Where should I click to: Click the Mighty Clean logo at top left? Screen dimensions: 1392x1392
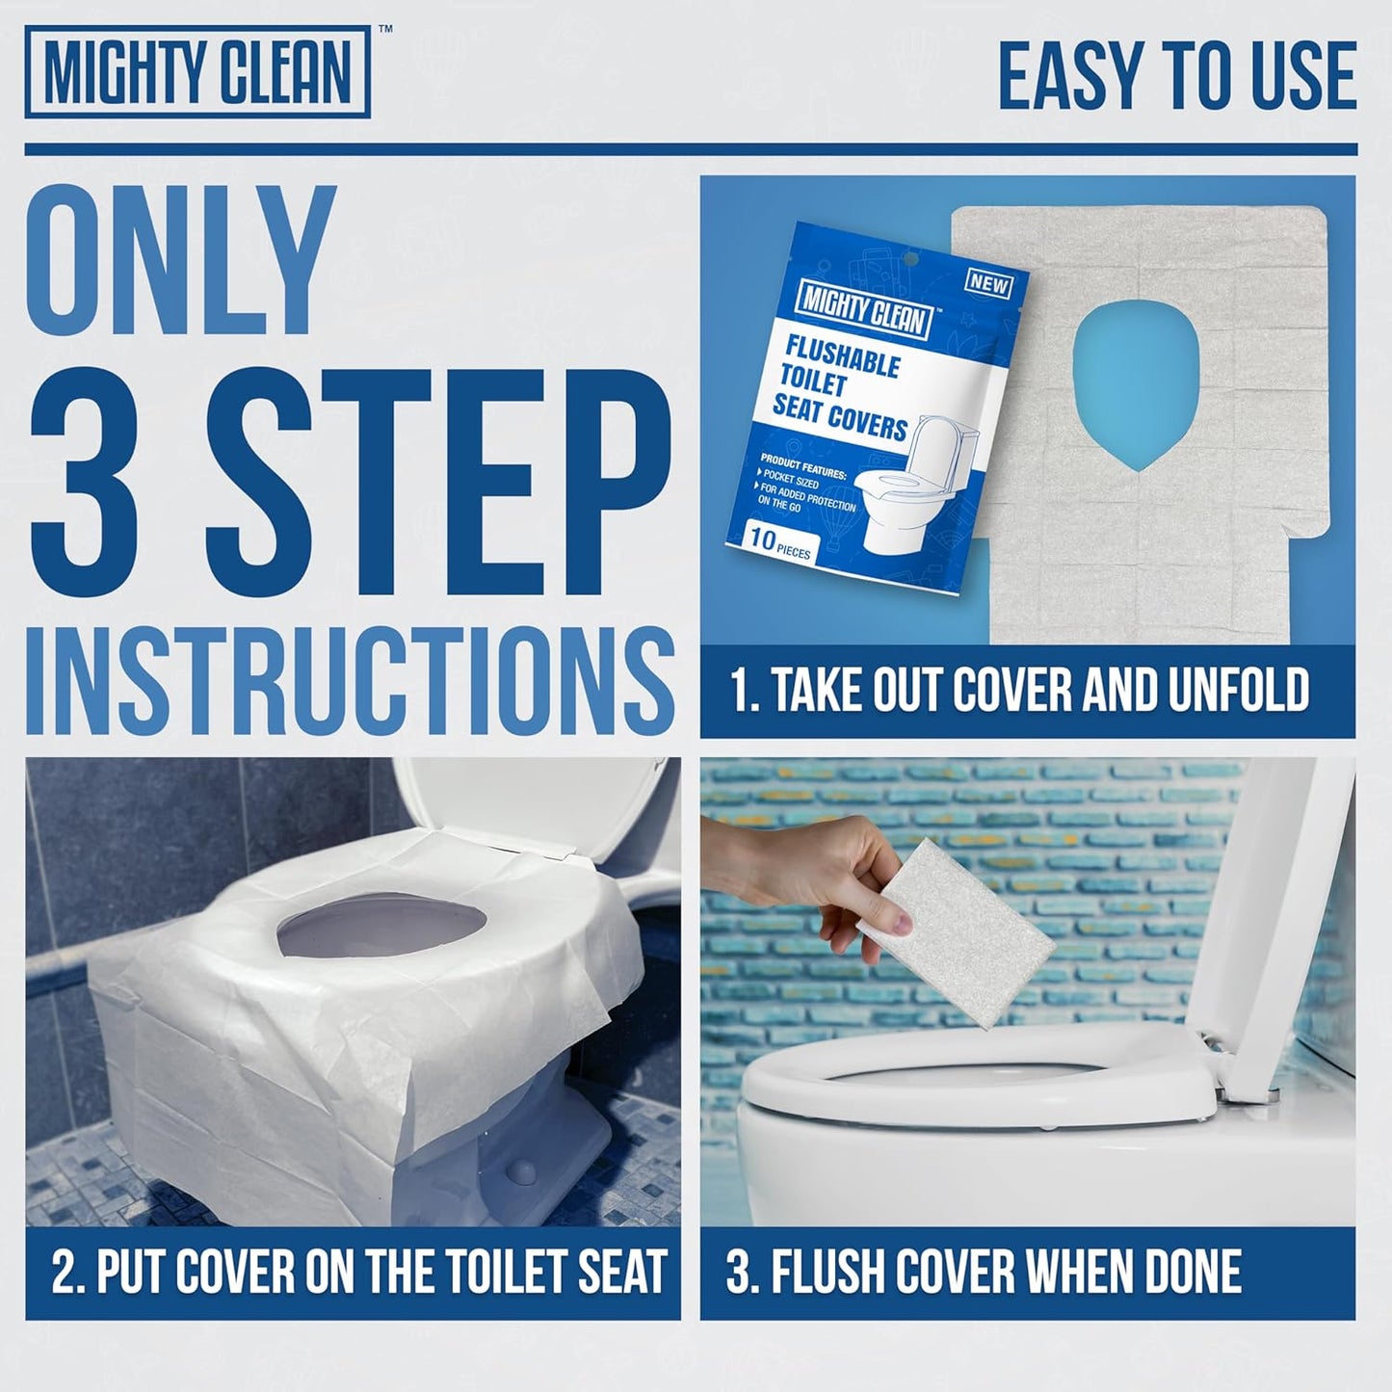pyautogui.click(x=197, y=72)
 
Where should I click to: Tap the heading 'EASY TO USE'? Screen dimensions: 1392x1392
pyautogui.click(x=1176, y=76)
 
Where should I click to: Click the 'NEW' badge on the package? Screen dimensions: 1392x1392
pyautogui.click(x=987, y=283)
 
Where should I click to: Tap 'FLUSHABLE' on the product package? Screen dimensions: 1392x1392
pyautogui.click(x=842, y=354)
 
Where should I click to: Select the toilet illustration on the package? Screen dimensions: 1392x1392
pyautogui.click(x=920, y=491)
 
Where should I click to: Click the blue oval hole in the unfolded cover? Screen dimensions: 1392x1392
pyautogui.click(x=1137, y=381)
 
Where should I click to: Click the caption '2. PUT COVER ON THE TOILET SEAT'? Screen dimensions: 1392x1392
pyautogui.click(x=358, y=1272)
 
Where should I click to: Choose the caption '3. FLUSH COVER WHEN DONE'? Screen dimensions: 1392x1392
pyautogui.click(x=983, y=1272)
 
